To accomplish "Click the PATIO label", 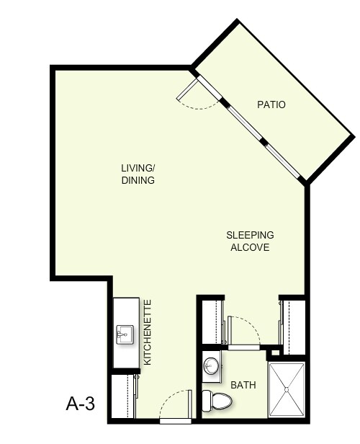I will click(x=271, y=105).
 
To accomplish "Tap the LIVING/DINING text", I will click(x=138, y=174).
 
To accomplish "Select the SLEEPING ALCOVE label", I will click(x=250, y=241).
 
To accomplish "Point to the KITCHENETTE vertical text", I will click(x=148, y=331).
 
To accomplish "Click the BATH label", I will click(x=243, y=385).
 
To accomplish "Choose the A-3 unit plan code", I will click(x=81, y=404).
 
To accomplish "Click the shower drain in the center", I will click(x=287, y=390).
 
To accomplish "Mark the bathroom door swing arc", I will click(x=245, y=328).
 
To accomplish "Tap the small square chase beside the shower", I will click(x=274, y=353).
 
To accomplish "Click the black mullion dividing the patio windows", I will click(x=264, y=142).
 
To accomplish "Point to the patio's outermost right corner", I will click(x=354, y=135).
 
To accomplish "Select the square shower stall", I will click(x=287, y=390).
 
